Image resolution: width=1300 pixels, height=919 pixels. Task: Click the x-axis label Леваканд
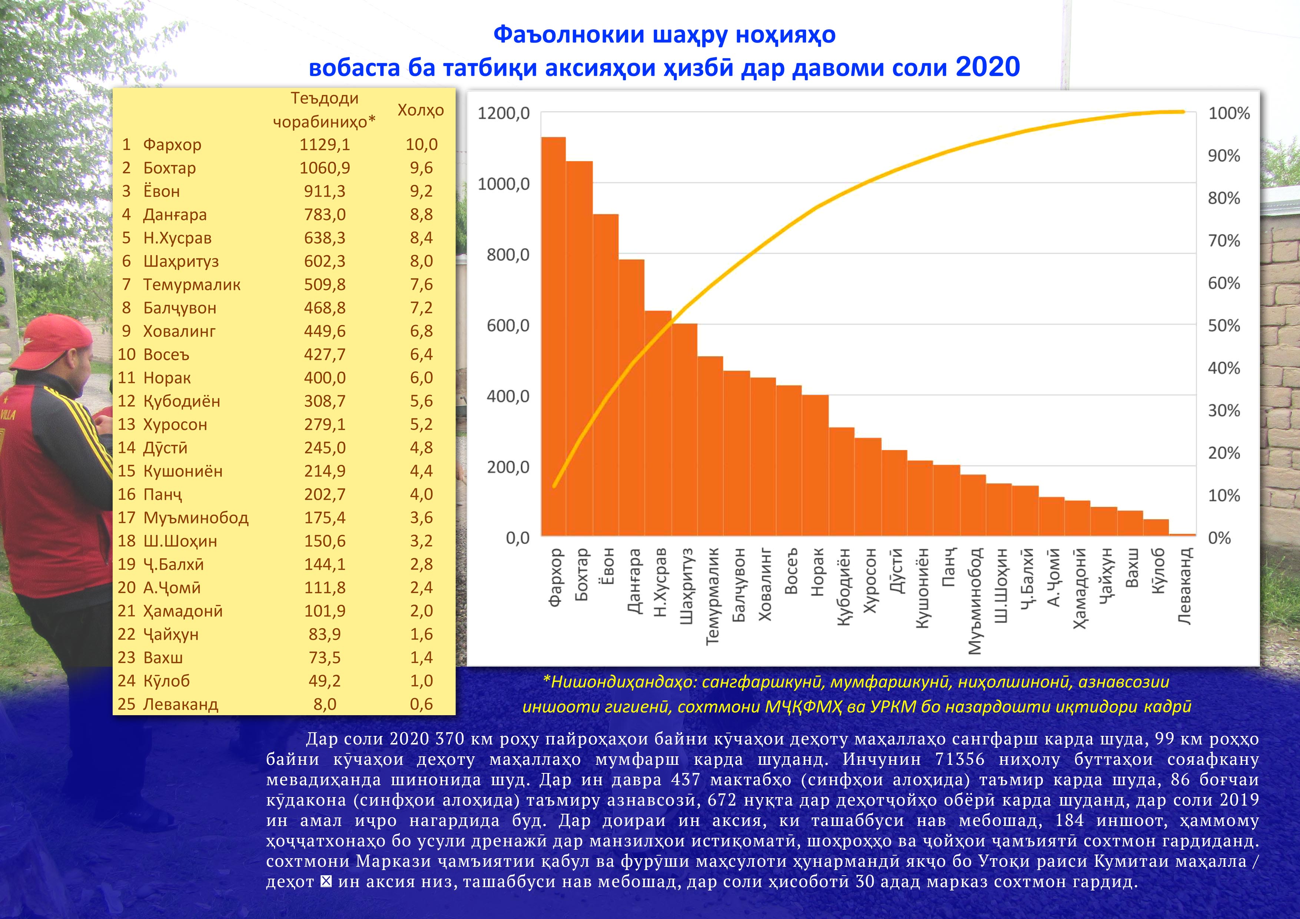coord(1184,586)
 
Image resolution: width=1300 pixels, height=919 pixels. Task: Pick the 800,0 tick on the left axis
coord(508,255)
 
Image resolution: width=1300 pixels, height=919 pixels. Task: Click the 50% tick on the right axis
coord(1224,326)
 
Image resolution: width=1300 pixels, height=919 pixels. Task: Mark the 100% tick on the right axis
coord(1228,113)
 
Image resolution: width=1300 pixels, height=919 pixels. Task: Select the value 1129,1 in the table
coord(324,145)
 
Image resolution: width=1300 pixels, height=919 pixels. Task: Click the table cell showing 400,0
coord(324,378)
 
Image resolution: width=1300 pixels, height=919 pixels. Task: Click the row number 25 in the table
coord(126,704)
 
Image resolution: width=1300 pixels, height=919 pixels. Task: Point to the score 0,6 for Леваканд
coord(421,704)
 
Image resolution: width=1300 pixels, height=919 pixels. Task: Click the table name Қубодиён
coord(181,401)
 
